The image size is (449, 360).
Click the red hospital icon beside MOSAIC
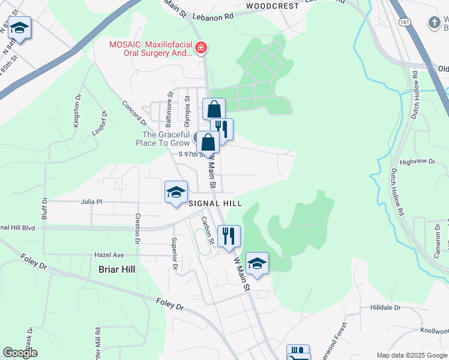[x=201, y=47]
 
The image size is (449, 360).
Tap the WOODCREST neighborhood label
[x=272, y=5]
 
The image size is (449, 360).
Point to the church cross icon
[x=435, y=23]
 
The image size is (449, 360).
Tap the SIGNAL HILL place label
[x=215, y=203]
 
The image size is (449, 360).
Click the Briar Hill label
[x=117, y=269]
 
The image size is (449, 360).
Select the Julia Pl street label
[x=92, y=202]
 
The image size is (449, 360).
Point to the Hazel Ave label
[x=109, y=254]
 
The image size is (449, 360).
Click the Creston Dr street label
[x=137, y=229]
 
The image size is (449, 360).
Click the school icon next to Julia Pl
[x=175, y=192]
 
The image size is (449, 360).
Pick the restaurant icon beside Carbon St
[x=228, y=235]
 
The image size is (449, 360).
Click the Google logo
[x=20, y=353]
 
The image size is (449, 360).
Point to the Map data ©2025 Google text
[x=411, y=355]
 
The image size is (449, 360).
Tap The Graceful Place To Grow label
[x=166, y=139]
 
